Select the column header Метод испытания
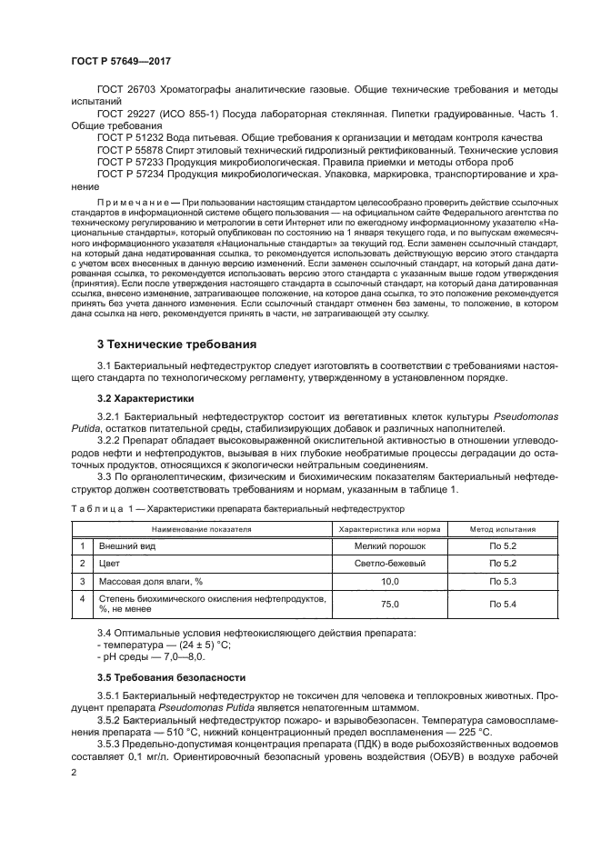(502, 527)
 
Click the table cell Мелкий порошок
(389, 545)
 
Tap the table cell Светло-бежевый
(389, 564)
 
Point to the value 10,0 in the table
(389, 581)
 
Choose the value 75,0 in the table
(389, 604)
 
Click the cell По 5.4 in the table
(502, 604)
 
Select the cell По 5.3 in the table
(502, 581)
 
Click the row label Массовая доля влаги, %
(150, 581)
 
